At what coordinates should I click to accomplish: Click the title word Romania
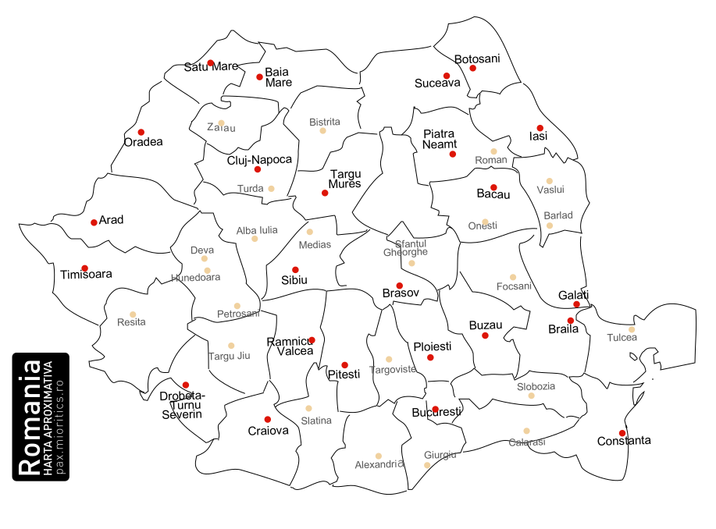[30, 418]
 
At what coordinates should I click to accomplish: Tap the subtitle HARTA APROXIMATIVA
[48, 418]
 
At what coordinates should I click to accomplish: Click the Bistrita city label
[325, 122]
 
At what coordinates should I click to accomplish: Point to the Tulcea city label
[622, 338]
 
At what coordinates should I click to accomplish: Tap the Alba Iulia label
[256, 230]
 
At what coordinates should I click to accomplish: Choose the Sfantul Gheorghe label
[406, 248]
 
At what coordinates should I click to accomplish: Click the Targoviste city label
[392, 369]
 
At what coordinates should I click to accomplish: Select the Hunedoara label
[195, 277]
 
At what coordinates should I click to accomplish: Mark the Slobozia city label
[536, 386]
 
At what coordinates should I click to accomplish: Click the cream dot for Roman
[493, 151]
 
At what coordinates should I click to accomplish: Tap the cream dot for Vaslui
[549, 181]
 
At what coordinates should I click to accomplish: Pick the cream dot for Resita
[133, 314]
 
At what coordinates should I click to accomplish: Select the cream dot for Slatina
[308, 408]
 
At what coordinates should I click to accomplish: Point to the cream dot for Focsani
[513, 277]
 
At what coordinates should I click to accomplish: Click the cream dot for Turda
[271, 188]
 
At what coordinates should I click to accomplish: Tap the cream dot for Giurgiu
[426, 465]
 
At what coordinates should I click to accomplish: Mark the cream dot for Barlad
[550, 225]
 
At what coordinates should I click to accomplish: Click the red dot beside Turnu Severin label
[185, 385]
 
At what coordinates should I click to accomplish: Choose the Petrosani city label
[238, 313]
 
